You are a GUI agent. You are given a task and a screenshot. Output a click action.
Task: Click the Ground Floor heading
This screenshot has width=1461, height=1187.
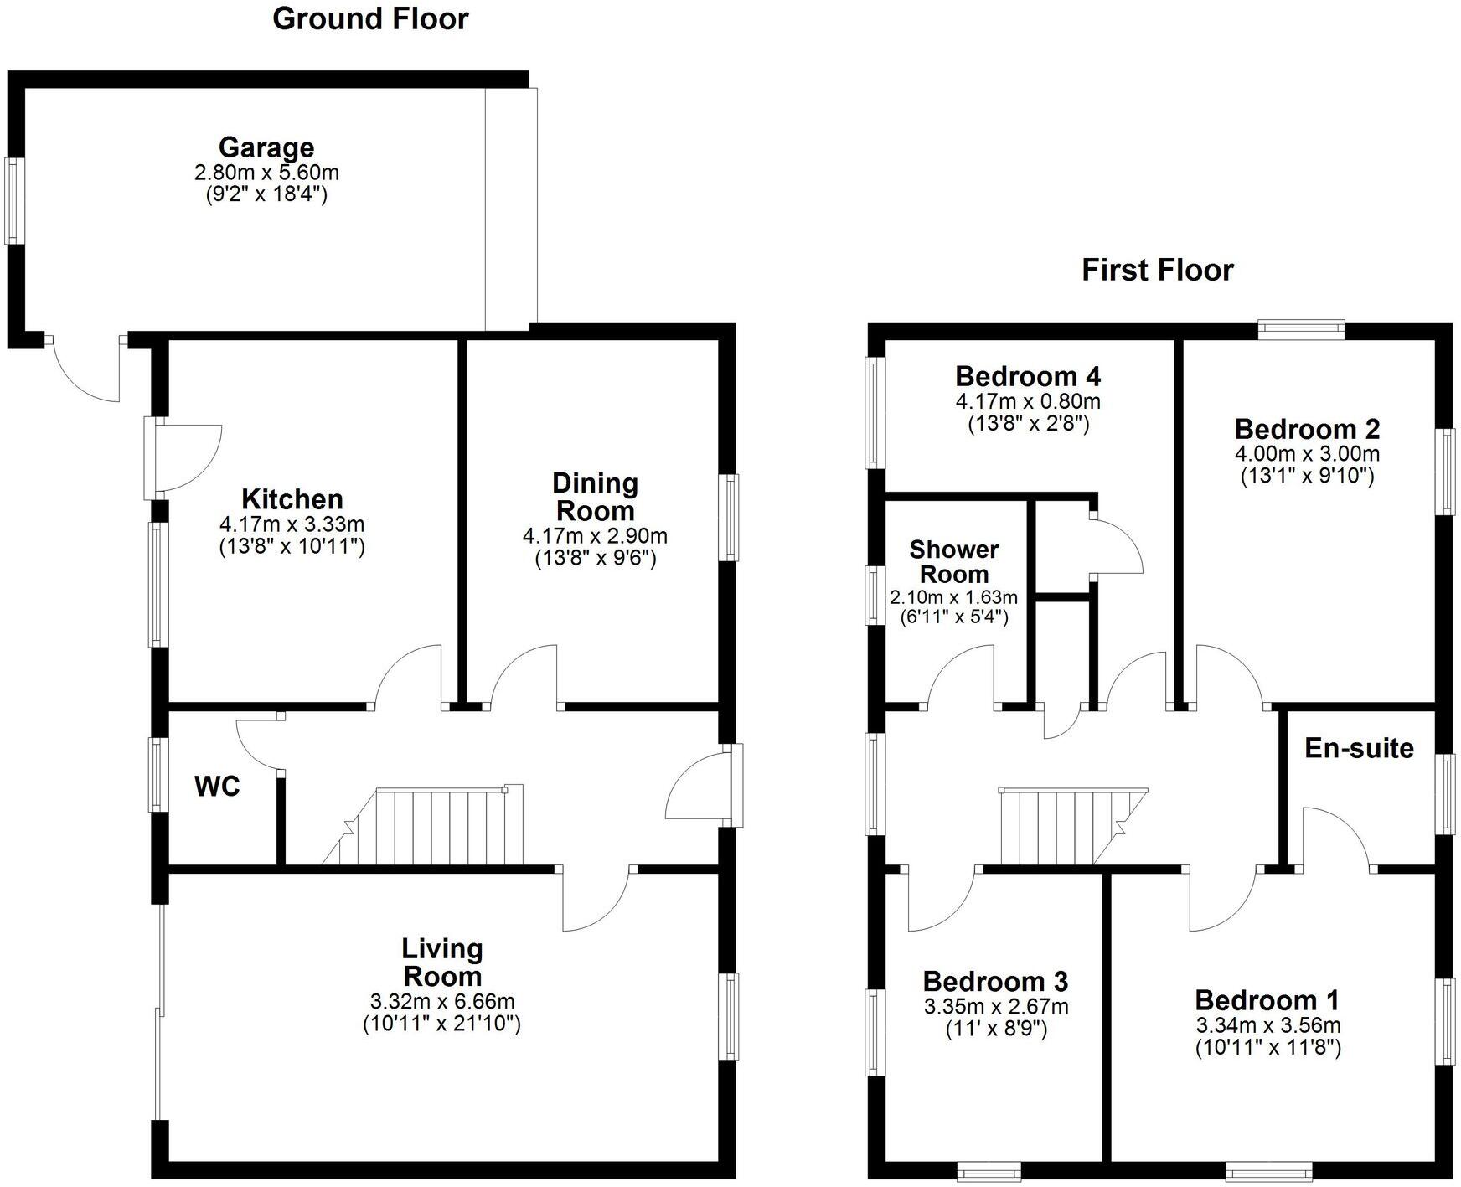370,18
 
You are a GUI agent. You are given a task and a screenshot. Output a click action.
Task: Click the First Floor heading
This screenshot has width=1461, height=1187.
1157,270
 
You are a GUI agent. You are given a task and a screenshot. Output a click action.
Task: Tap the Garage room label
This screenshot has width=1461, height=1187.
266,147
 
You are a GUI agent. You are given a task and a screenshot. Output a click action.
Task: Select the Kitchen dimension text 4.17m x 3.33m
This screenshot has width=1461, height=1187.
292,525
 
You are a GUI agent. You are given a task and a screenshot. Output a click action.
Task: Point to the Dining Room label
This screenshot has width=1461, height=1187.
595,497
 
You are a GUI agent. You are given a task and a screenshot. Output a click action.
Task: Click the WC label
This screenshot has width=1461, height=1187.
217,787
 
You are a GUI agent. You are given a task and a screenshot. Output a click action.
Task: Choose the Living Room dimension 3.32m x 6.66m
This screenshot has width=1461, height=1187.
441,1001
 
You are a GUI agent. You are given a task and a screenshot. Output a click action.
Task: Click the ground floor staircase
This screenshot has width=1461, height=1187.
436,826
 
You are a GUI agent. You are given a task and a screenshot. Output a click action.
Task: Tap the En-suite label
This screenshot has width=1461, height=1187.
1359,748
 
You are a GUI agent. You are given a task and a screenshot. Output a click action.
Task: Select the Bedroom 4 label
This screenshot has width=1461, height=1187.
1028,375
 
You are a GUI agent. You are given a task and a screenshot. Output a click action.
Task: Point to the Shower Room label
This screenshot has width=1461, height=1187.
954,562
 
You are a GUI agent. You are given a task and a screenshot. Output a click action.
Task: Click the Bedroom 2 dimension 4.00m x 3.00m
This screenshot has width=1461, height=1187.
1307,454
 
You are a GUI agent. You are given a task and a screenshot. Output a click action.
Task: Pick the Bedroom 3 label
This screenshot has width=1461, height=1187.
995,981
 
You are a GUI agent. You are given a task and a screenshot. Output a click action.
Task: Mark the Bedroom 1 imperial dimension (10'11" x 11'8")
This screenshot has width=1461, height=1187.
1267,1047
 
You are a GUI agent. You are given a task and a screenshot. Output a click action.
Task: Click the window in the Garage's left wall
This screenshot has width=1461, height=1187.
13,201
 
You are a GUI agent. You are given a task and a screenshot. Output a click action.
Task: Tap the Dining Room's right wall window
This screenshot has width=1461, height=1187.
730,517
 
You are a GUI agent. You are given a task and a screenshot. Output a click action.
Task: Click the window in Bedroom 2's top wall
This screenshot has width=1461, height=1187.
1301,329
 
